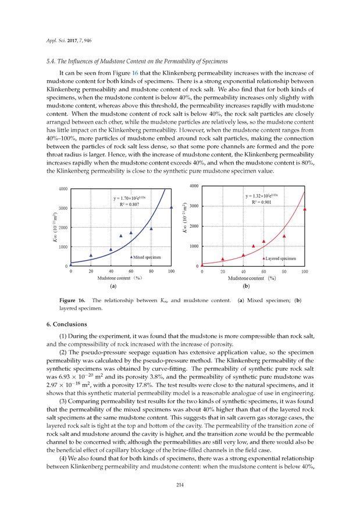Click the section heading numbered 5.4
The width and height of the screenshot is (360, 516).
click(x=137, y=61)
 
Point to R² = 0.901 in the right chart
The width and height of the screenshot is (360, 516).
click(x=259, y=202)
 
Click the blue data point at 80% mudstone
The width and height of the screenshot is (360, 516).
click(x=151, y=228)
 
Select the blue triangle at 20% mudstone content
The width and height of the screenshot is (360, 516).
click(x=91, y=255)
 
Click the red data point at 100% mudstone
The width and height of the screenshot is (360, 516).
click(x=304, y=209)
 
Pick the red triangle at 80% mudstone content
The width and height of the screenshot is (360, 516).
click(x=284, y=236)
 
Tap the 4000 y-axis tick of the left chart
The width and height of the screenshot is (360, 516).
click(x=62, y=189)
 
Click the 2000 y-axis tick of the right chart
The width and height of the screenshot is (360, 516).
click(x=193, y=226)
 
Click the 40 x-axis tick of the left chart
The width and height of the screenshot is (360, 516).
click(x=111, y=271)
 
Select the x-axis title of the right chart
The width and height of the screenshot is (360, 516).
click(x=252, y=278)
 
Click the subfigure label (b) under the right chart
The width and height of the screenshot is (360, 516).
click(x=246, y=286)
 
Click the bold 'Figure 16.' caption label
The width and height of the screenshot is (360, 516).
click(x=73, y=300)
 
